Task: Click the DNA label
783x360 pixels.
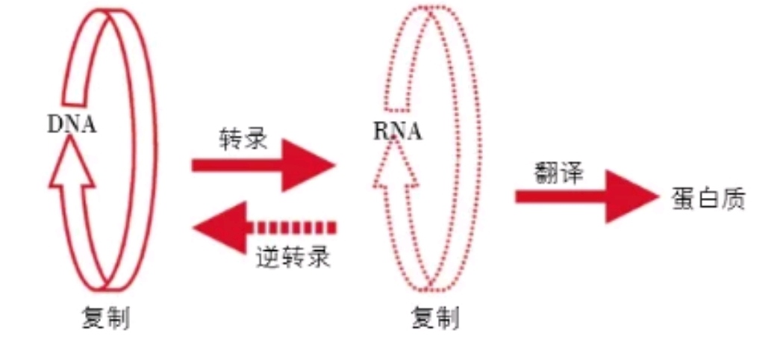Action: pos(72,124)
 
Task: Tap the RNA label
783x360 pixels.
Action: pos(397,132)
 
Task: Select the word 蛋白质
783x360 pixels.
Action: pos(708,199)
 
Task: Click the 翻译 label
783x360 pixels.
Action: pos(559,173)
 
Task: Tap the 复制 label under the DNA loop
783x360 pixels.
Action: pos(105,320)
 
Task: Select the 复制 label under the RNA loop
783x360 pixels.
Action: pos(435,320)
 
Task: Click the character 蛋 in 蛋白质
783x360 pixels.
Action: pos(683,199)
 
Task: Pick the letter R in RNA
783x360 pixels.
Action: pos(380,132)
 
